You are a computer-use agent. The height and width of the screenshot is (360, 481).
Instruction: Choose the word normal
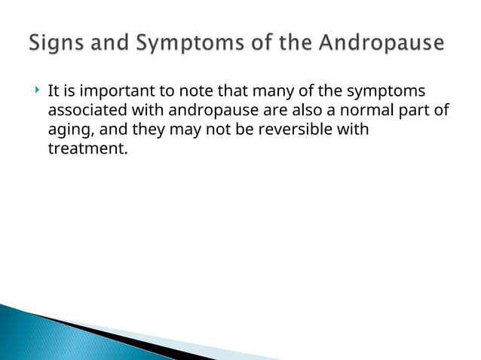374,111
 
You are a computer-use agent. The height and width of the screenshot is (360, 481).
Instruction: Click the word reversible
290,130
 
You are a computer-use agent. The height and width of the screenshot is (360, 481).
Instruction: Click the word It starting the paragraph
54,93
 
